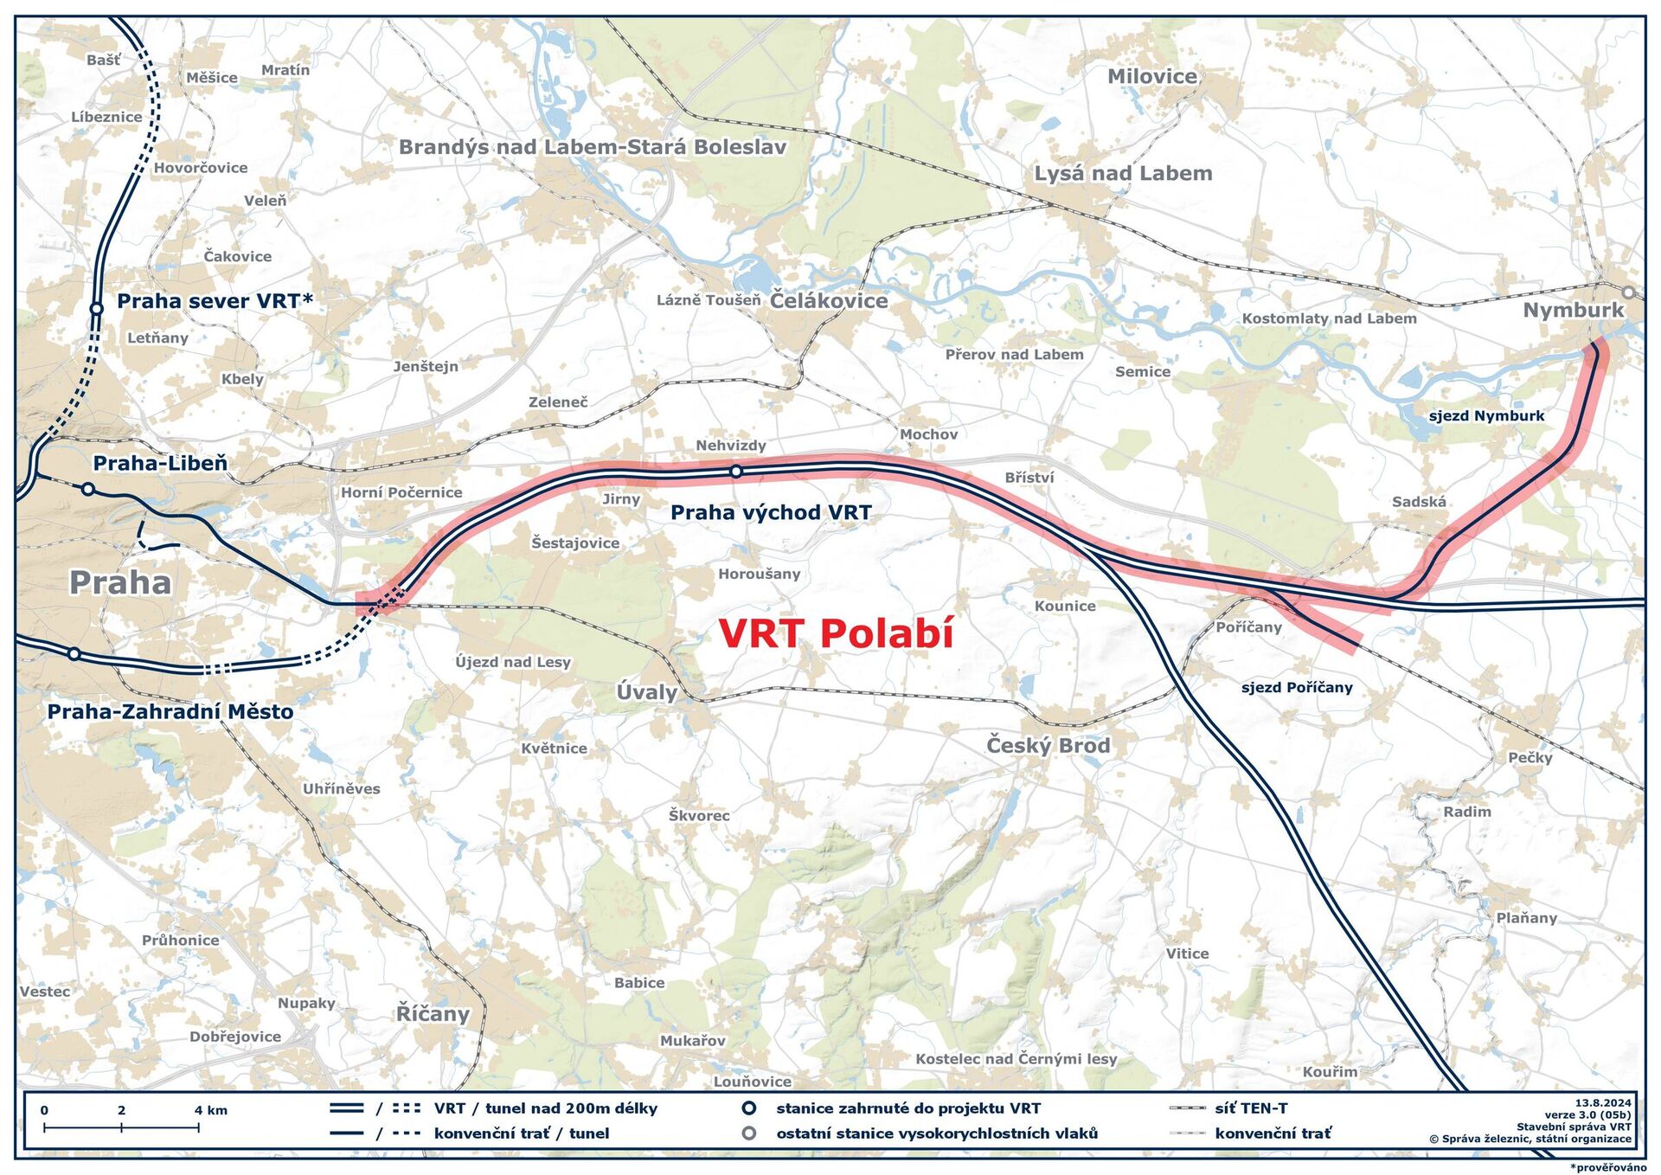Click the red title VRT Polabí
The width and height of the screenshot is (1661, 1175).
836,633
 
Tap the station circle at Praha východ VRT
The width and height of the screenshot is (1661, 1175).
736,472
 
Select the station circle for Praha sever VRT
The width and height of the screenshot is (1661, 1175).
97,309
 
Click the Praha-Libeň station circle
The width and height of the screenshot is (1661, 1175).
88,489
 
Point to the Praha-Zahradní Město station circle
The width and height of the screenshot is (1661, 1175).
74,654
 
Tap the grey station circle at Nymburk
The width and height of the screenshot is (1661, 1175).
1628,292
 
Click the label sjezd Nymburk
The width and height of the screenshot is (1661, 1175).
1486,416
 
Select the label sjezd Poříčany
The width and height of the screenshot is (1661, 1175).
1296,688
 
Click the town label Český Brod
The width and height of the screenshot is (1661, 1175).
1048,745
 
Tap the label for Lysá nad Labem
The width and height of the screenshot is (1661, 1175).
1123,174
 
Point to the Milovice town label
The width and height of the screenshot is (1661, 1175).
1152,77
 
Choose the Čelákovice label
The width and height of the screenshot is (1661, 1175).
829,301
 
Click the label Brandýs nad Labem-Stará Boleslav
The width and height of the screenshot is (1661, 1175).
593,147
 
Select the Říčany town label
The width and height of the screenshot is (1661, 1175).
433,1013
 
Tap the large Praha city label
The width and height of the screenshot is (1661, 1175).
120,582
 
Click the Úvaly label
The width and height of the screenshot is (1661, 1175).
646,692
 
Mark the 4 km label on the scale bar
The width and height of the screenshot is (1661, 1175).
210,1110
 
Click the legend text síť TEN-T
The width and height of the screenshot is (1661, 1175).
1251,1108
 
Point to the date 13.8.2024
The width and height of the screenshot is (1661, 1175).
1602,1103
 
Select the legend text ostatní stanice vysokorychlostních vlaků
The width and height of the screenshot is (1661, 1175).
937,1133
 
